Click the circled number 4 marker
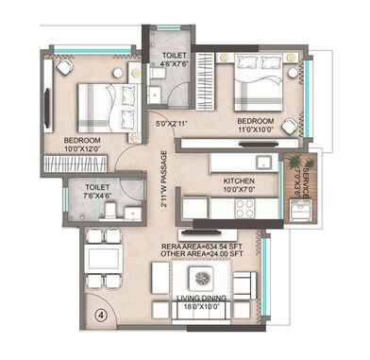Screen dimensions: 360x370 pos(100,315)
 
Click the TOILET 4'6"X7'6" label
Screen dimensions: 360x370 pos(172,60)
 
